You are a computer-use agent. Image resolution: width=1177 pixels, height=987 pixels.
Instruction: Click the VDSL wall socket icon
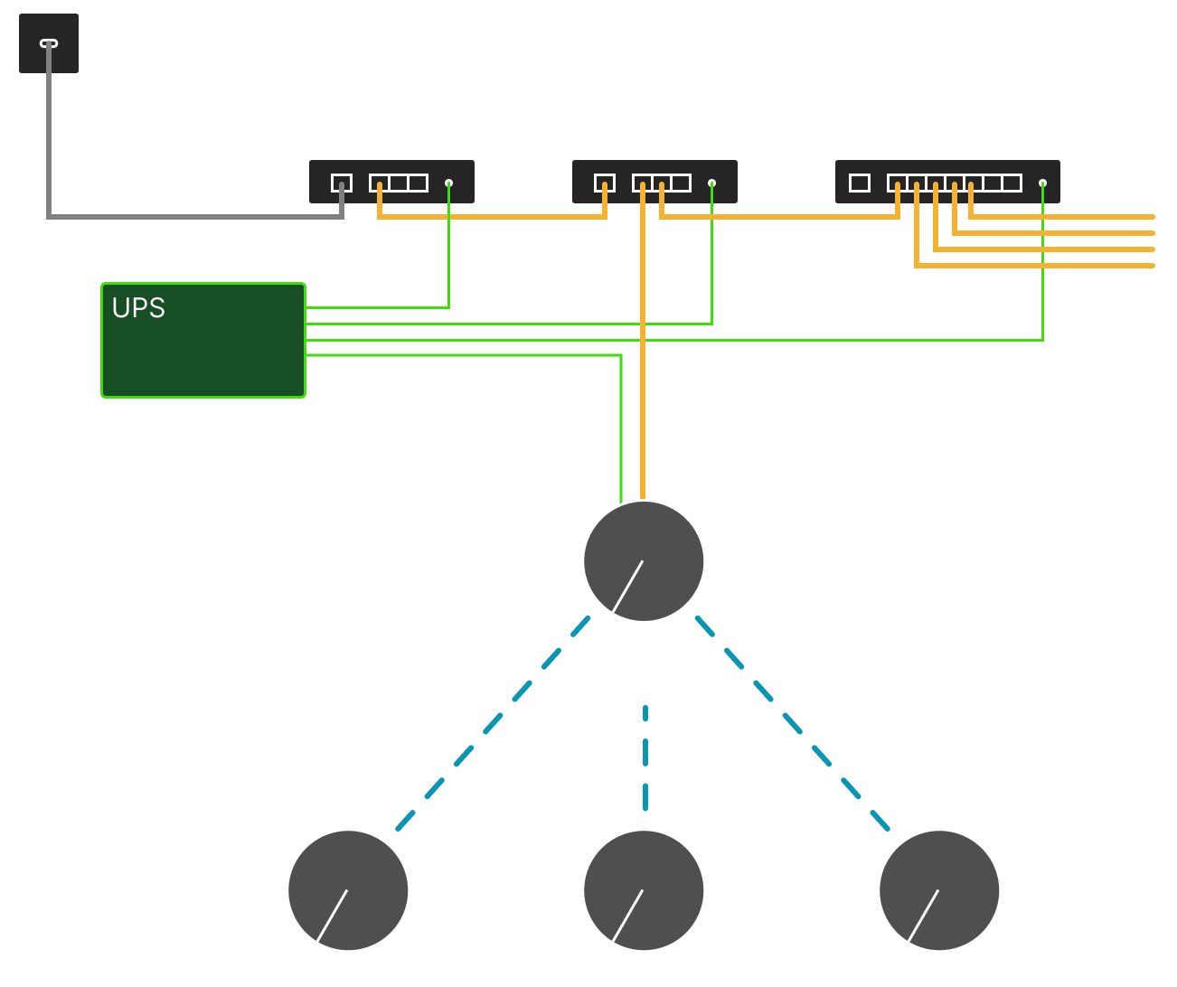(x=49, y=43)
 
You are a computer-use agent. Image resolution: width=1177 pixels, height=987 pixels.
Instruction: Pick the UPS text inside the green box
(x=138, y=308)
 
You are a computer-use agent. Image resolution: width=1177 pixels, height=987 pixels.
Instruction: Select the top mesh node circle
(x=644, y=561)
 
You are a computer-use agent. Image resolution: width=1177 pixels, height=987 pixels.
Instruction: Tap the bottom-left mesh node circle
(x=348, y=890)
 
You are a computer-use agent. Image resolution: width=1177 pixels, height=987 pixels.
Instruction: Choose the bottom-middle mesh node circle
(x=644, y=890)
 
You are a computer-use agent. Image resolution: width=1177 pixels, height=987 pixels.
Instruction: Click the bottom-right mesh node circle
(x=939, y=890)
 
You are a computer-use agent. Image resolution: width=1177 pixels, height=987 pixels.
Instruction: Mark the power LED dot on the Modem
(x=449, y=183)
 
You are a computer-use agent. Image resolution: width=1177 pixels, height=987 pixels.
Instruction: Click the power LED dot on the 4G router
(x=712, y=183)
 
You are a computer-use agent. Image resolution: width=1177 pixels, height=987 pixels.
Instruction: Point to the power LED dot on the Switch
(x=1042, y=183)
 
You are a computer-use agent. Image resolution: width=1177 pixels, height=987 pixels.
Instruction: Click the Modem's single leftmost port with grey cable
(x=342, y=183)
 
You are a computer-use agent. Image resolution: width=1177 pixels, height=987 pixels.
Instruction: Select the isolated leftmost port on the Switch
(x=860, y=183)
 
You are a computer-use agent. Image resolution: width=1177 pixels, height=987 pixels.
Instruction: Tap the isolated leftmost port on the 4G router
(x=605, y=183)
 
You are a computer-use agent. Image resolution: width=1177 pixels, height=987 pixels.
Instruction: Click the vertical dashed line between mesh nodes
(x=645, y=759)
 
